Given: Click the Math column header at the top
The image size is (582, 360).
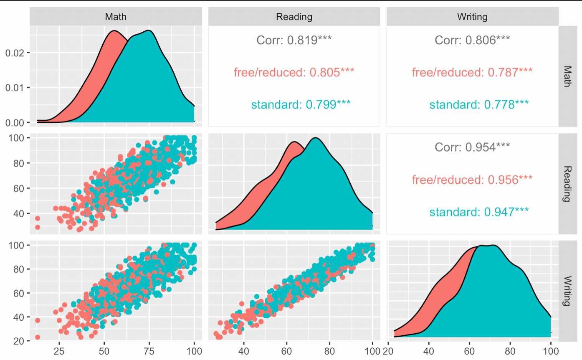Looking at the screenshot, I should click(x=116, y=17).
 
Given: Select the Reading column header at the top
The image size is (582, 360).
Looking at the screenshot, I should click(x=294, y=17).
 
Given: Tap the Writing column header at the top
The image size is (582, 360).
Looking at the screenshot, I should click(x=472, y=17).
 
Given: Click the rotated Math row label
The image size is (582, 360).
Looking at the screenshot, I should click(x=568, y=76).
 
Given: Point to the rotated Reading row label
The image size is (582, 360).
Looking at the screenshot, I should click(x=568, y=183).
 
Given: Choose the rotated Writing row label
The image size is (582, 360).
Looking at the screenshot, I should click(x=568, y=291).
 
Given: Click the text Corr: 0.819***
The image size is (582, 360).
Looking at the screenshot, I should click(x=294, y=40).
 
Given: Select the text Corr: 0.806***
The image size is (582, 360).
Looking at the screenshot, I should click(x=472, y=40).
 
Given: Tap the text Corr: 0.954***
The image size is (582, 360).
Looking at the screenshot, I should click(x=472, y=147).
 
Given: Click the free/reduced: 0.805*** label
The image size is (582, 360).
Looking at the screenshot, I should click(x=294, y=72).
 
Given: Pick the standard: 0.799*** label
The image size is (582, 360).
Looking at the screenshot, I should click(x=301, y=104).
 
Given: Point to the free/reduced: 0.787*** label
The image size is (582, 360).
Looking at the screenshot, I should click(x=472, y=72).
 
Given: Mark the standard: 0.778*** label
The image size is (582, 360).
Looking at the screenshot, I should click(x=479, y=104).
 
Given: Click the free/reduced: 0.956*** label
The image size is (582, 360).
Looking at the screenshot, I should click(x=472, y=180).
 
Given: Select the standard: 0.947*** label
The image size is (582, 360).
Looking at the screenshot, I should click(x=479, y=212).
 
